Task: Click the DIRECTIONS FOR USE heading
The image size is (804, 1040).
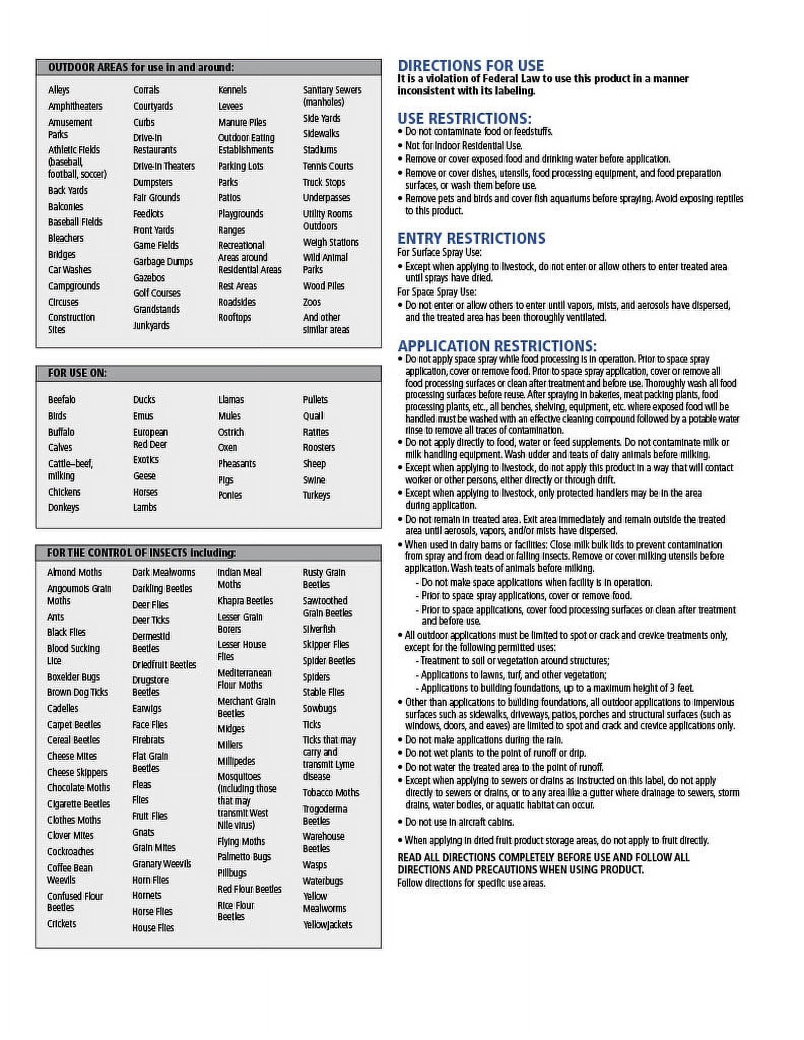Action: (471, 66)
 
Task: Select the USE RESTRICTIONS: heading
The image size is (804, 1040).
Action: (464, 118)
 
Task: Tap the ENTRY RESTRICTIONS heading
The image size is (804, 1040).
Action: (471, 238)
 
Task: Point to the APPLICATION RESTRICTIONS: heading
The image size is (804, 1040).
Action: (497, 346)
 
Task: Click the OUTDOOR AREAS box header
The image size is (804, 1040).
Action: (141, 68)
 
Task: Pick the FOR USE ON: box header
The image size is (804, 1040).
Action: (77, 373)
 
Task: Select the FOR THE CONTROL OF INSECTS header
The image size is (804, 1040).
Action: (141, 552)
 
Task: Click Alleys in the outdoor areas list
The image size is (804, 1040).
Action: (59, 90)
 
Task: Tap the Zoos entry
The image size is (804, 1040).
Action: (312, 302)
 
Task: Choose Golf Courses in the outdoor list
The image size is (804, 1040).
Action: (156, 293)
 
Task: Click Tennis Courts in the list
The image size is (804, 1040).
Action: (327, 166)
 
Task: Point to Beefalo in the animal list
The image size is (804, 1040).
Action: (61, 400)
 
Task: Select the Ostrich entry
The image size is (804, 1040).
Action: (231, 432)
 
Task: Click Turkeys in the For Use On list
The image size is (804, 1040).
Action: (316, 495)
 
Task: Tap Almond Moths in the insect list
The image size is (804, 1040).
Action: (74, 572)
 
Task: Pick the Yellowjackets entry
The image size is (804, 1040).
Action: (327, 925)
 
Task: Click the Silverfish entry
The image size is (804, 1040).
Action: (319, 629)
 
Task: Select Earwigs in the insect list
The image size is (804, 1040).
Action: (147, 708)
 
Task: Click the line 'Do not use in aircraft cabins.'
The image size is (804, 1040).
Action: (459, 822)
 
